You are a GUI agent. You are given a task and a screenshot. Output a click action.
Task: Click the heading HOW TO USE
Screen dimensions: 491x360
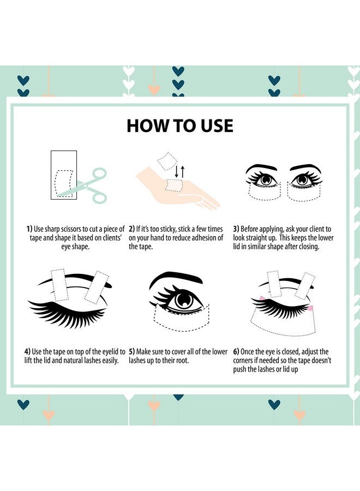coord(180,125)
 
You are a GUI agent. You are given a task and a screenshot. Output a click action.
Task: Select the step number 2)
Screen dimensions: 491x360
coord(132,229)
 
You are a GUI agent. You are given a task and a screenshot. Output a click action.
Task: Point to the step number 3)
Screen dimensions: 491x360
coord(236,229)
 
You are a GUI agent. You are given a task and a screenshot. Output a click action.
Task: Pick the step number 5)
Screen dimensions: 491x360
coord(132,352)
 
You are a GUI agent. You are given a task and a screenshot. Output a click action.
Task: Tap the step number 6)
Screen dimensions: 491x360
coord(236,352)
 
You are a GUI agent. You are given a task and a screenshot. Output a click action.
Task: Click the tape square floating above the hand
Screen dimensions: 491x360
coord(165,161)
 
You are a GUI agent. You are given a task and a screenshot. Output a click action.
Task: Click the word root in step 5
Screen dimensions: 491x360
coord(188,361)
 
